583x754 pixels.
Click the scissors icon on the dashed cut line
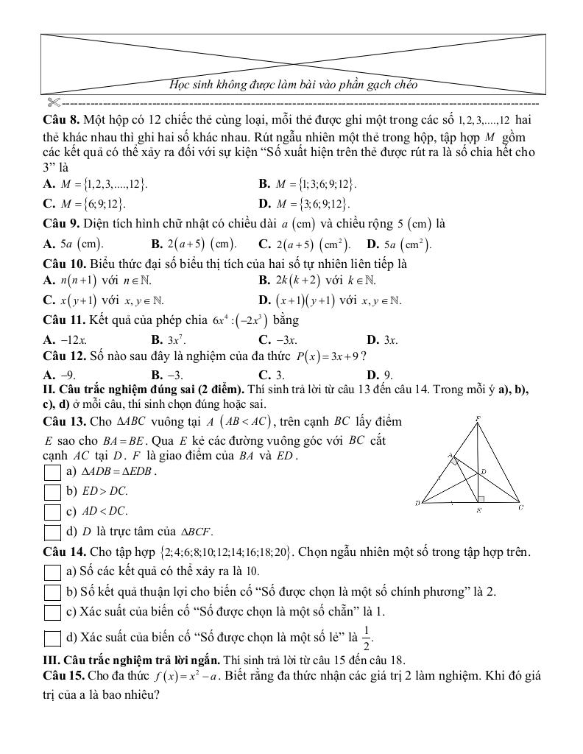point(52,100)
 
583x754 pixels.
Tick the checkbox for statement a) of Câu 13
point(52,472)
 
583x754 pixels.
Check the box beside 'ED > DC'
point(52,492)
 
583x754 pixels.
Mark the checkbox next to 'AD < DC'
point(52,512)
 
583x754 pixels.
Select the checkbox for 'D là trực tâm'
point(52,532)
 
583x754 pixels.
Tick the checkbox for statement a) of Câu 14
point(52,572)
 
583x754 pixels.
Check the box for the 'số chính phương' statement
point(52,592)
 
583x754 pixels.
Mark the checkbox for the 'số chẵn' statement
point(52,612)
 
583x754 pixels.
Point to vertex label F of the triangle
point(478,418)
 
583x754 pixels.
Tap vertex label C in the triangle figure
point(520,507)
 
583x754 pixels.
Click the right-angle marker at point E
point(480,499)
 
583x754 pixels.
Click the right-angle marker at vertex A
point(456,462)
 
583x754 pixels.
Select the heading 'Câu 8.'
point(61,119)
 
